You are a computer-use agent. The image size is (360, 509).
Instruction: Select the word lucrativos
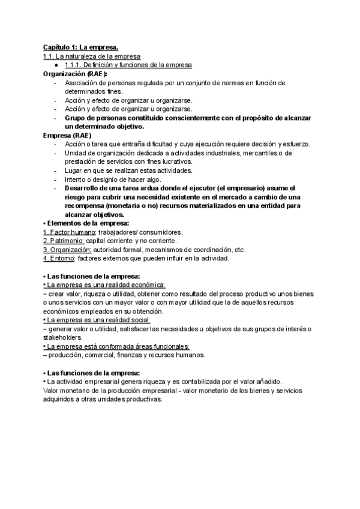174,162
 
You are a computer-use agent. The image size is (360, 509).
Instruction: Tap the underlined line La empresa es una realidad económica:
104,285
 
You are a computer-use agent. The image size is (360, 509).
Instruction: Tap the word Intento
76,179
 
